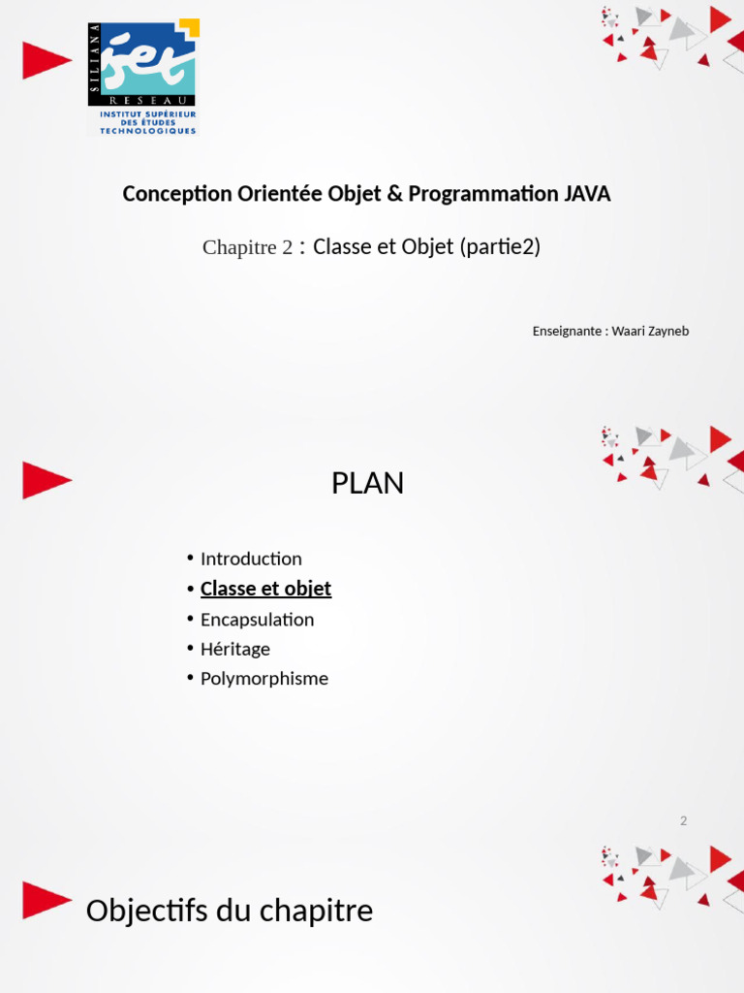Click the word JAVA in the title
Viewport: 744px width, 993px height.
(587, 194)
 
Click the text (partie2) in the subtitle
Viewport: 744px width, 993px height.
(501, 247)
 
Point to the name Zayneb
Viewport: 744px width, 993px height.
(668, 332)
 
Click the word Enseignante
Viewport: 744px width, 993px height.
(567, 332)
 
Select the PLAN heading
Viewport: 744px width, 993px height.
(367, 484)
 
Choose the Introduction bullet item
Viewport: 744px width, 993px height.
(251, 559)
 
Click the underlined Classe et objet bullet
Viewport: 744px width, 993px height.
(265, 589)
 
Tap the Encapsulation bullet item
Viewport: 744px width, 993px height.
(257, 620)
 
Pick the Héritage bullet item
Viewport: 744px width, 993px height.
(234, 650)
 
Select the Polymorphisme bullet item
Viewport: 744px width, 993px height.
(263, 679)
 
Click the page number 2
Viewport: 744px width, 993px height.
(683, 821)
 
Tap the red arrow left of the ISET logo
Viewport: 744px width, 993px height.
(46, 60)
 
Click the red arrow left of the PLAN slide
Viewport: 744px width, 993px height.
(46, 480)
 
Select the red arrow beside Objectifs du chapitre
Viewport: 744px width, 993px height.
(46, 899)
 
